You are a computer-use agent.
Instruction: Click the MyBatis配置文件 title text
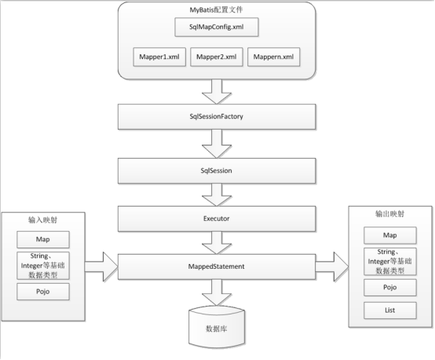point(217,10)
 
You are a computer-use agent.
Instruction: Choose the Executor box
point(217,218)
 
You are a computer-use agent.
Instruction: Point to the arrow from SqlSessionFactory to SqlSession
point(217,143)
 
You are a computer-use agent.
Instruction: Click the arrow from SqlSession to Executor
point(217,193)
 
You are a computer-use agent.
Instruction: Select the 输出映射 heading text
point(391,214)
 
